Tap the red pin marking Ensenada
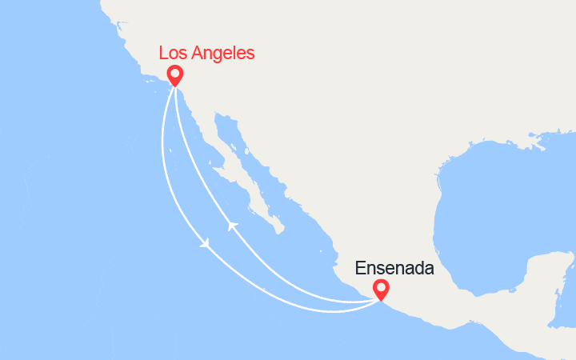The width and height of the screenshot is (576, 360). pos(381,290)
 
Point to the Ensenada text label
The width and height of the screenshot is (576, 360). pos(395,267)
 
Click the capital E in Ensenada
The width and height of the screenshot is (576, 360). pos(362,267)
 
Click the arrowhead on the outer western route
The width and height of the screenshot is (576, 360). pos(206,242)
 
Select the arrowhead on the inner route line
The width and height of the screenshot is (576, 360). pos(232,226)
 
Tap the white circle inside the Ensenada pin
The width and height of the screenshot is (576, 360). pos(381,287)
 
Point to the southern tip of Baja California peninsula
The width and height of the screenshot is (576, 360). pos(278,231)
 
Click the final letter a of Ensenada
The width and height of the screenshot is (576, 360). pos(429,267)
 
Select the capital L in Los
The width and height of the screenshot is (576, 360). pos(164,53)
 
